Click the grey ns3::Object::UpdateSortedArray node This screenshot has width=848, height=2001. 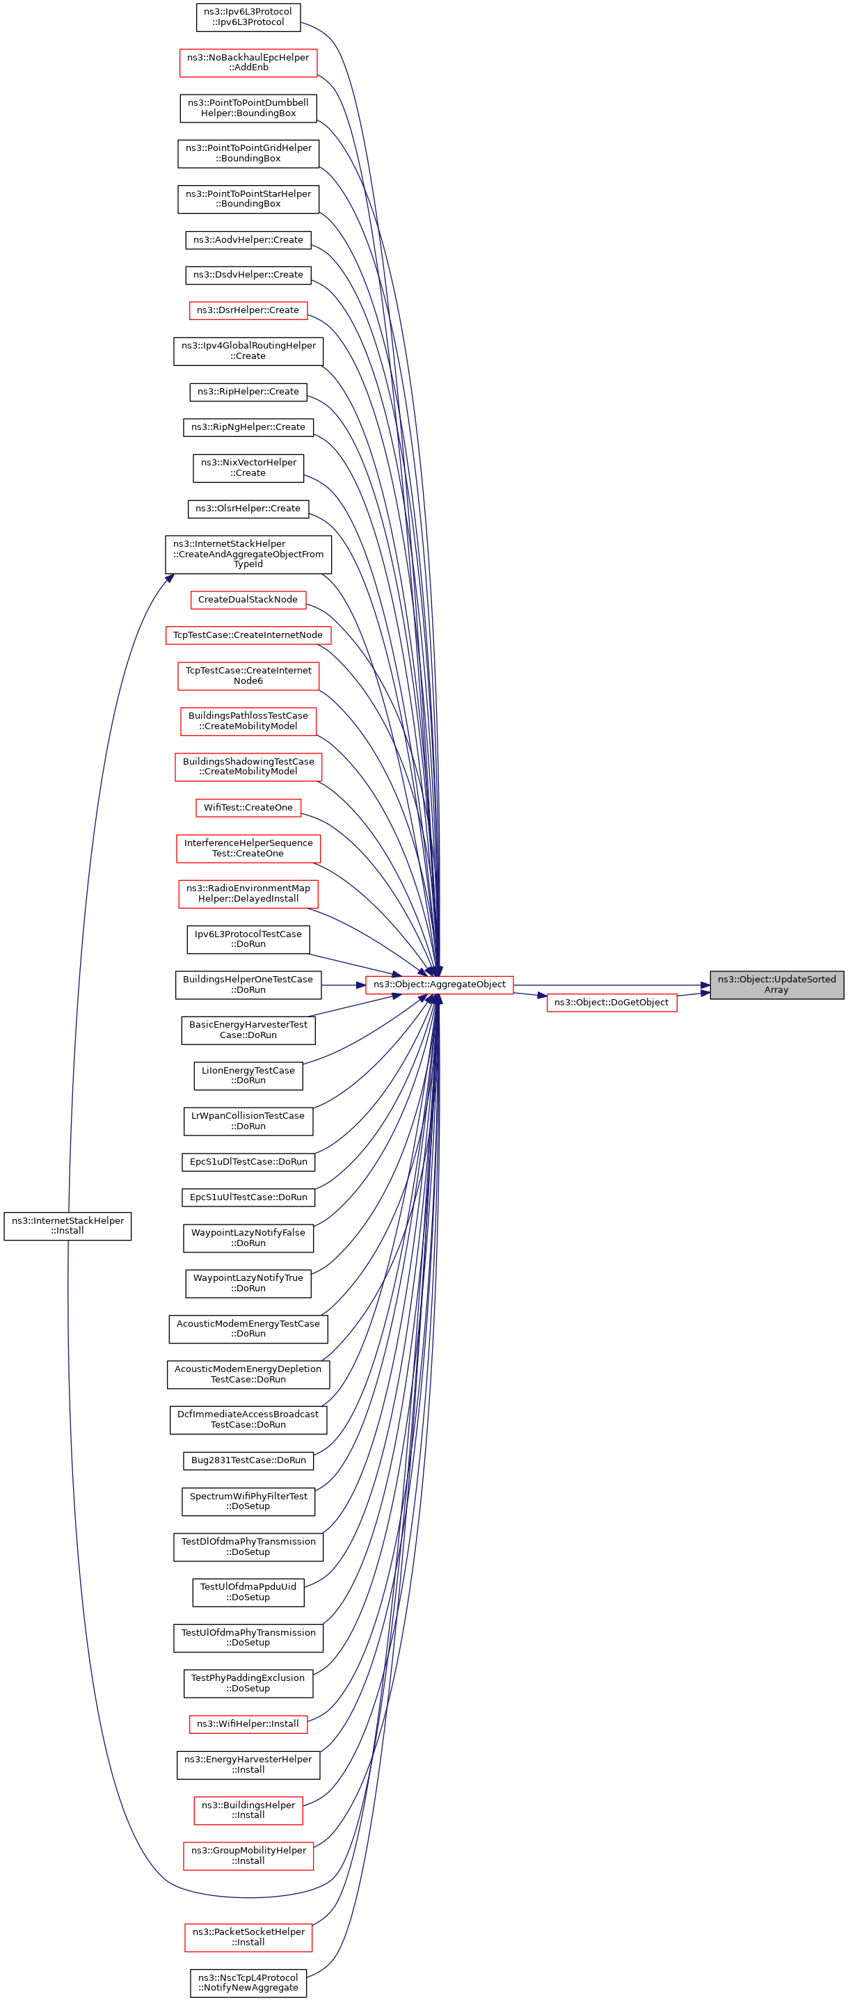tap(776, 984)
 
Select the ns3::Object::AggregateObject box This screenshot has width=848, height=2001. tap(439, 984)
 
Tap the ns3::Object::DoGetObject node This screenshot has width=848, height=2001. tap(611, 1002)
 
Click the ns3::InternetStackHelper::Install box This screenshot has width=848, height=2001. tap(67, 1226)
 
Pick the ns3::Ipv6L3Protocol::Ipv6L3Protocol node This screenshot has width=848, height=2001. tap(248, 17)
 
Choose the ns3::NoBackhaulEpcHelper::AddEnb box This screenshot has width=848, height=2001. tap(248, 63)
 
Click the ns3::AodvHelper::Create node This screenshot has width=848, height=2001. tap(248, 240)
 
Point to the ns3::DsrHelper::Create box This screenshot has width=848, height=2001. tap(248, 310)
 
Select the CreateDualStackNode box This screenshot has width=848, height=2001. tap(248, 600)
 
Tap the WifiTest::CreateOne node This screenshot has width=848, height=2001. tap(248, 808)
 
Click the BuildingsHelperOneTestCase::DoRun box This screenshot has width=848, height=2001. tap(248, 984)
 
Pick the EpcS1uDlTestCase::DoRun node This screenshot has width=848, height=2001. tap(248, 1162)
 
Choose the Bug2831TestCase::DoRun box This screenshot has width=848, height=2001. tap(248, 1460)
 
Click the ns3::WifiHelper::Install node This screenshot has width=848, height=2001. tap(248, 1723)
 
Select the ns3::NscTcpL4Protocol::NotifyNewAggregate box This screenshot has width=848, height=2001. tap(248, 1982)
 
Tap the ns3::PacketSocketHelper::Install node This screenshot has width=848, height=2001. tap(248, 1936)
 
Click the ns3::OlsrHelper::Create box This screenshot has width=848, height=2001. tap(248, 509)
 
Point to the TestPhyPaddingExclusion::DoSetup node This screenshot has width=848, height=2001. tap(248, 1682)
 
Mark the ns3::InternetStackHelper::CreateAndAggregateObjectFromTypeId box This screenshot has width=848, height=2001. tap(248, 554)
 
